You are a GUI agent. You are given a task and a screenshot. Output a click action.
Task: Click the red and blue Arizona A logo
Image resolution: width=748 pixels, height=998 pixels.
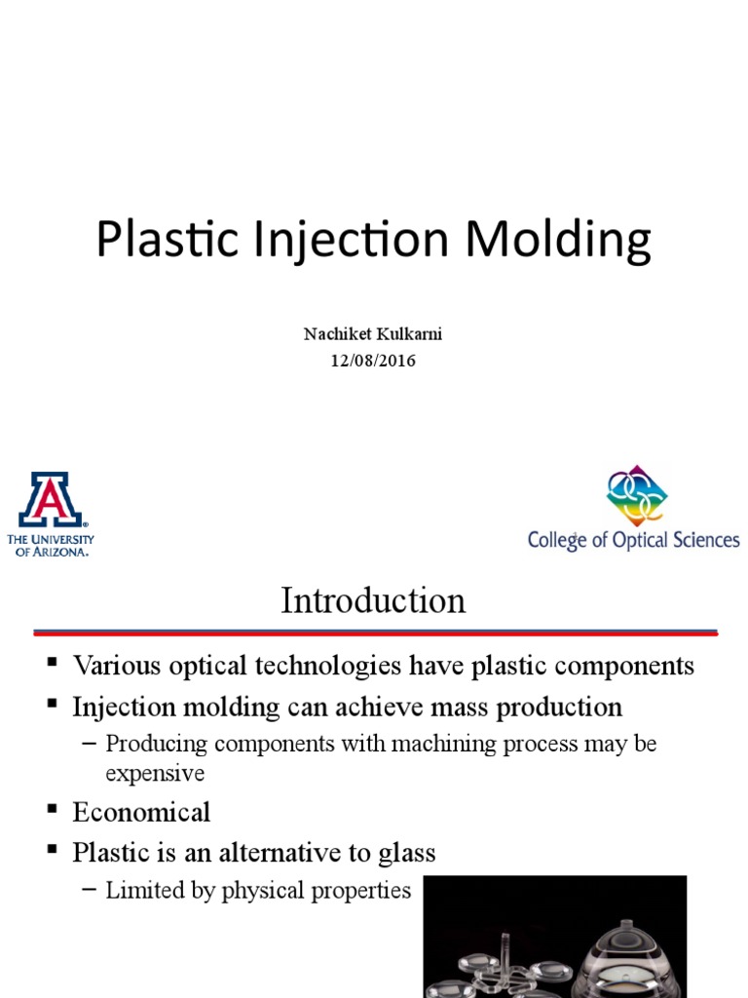[x=51, y=499]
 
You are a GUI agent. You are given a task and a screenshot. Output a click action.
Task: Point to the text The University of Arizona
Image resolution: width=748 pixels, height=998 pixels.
[x=51, y=544]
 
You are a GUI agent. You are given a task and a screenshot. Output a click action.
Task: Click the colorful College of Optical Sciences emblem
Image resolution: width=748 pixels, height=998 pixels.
[x=636, y=495]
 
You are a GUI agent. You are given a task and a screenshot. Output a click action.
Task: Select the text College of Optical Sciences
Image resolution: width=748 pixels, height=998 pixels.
[x=633, y=539]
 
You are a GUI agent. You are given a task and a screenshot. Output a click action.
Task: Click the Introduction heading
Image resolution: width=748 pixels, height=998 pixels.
[x=373, y=600]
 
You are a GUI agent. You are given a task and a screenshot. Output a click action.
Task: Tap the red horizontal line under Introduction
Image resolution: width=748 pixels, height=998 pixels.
[x=375, y=633]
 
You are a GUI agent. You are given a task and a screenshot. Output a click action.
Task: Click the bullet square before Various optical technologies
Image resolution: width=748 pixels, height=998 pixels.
[x=53, y=664]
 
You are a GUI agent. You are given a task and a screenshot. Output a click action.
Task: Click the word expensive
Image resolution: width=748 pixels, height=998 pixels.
[x=155, y=773]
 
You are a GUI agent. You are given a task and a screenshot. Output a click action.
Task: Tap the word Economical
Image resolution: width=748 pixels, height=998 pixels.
[x=141, y=812]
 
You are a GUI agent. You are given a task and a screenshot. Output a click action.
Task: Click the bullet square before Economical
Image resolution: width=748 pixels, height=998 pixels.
[x=53, y=810]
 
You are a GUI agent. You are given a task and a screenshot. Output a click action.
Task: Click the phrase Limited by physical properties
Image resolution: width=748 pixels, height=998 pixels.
[x=258, y=890]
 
